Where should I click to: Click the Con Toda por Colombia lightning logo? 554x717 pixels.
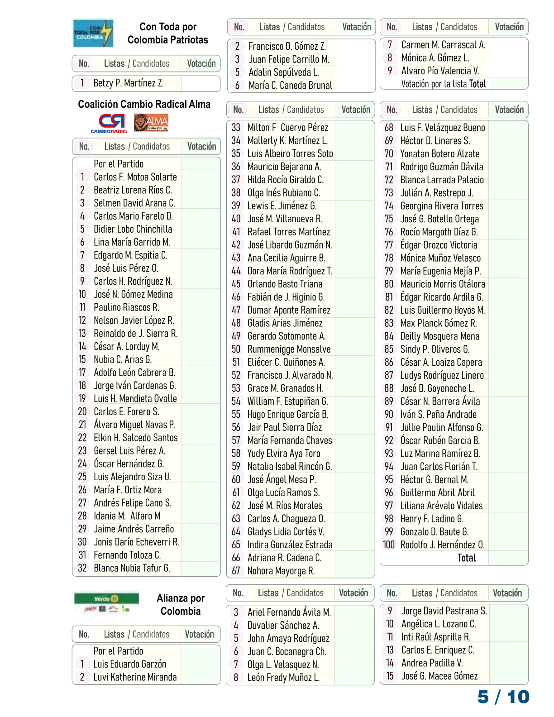click(x=93, y=33)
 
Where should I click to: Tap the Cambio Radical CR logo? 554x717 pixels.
click(x=111, y=123)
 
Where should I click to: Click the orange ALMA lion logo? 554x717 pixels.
click(x=151, y=123)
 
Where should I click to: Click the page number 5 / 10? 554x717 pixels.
click(x=503, y=697)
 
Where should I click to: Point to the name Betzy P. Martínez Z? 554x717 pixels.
click(x=129, y=83)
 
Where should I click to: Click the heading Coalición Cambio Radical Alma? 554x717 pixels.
click(x=144, y=105)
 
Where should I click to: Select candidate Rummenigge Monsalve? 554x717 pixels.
click(x=289, y=349)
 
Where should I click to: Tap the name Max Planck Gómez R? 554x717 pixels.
click(x=438, y=323)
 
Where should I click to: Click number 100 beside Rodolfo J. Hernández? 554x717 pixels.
click(x=389, y=545)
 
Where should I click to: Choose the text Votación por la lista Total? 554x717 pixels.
click(x=443, y=84)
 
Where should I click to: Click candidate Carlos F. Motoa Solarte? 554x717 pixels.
click(x=135, y=177)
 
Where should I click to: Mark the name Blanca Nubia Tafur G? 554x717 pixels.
click(x=132, y=568)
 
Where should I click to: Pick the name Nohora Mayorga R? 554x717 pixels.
click(x=281, y=571)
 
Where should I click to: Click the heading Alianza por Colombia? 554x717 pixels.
click(x=181, y=605)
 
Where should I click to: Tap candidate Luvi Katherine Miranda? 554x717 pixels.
click(x=135, y=677)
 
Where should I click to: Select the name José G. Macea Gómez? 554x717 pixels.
click(x=439, y=676)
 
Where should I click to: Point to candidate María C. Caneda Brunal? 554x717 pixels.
click(x=290, y=86)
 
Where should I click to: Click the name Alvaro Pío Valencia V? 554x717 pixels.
click(x=440, y=71)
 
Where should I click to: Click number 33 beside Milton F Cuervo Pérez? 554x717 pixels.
click(x=236, y=128)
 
